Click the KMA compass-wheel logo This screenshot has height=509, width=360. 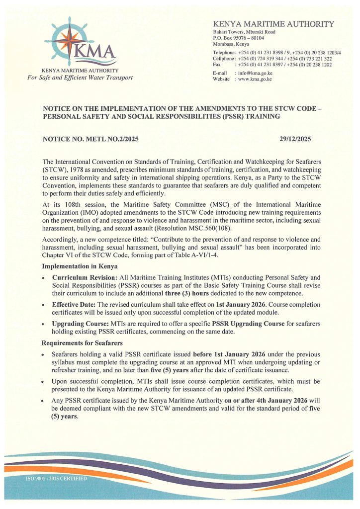point(74,39)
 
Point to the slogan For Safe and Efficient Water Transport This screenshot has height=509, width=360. point(80,78)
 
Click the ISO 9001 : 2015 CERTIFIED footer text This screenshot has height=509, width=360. point(56,478)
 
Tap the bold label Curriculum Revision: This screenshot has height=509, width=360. point(84,276)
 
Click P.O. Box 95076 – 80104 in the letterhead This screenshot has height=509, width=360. point(238,38)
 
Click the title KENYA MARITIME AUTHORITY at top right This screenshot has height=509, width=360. point(273,24)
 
